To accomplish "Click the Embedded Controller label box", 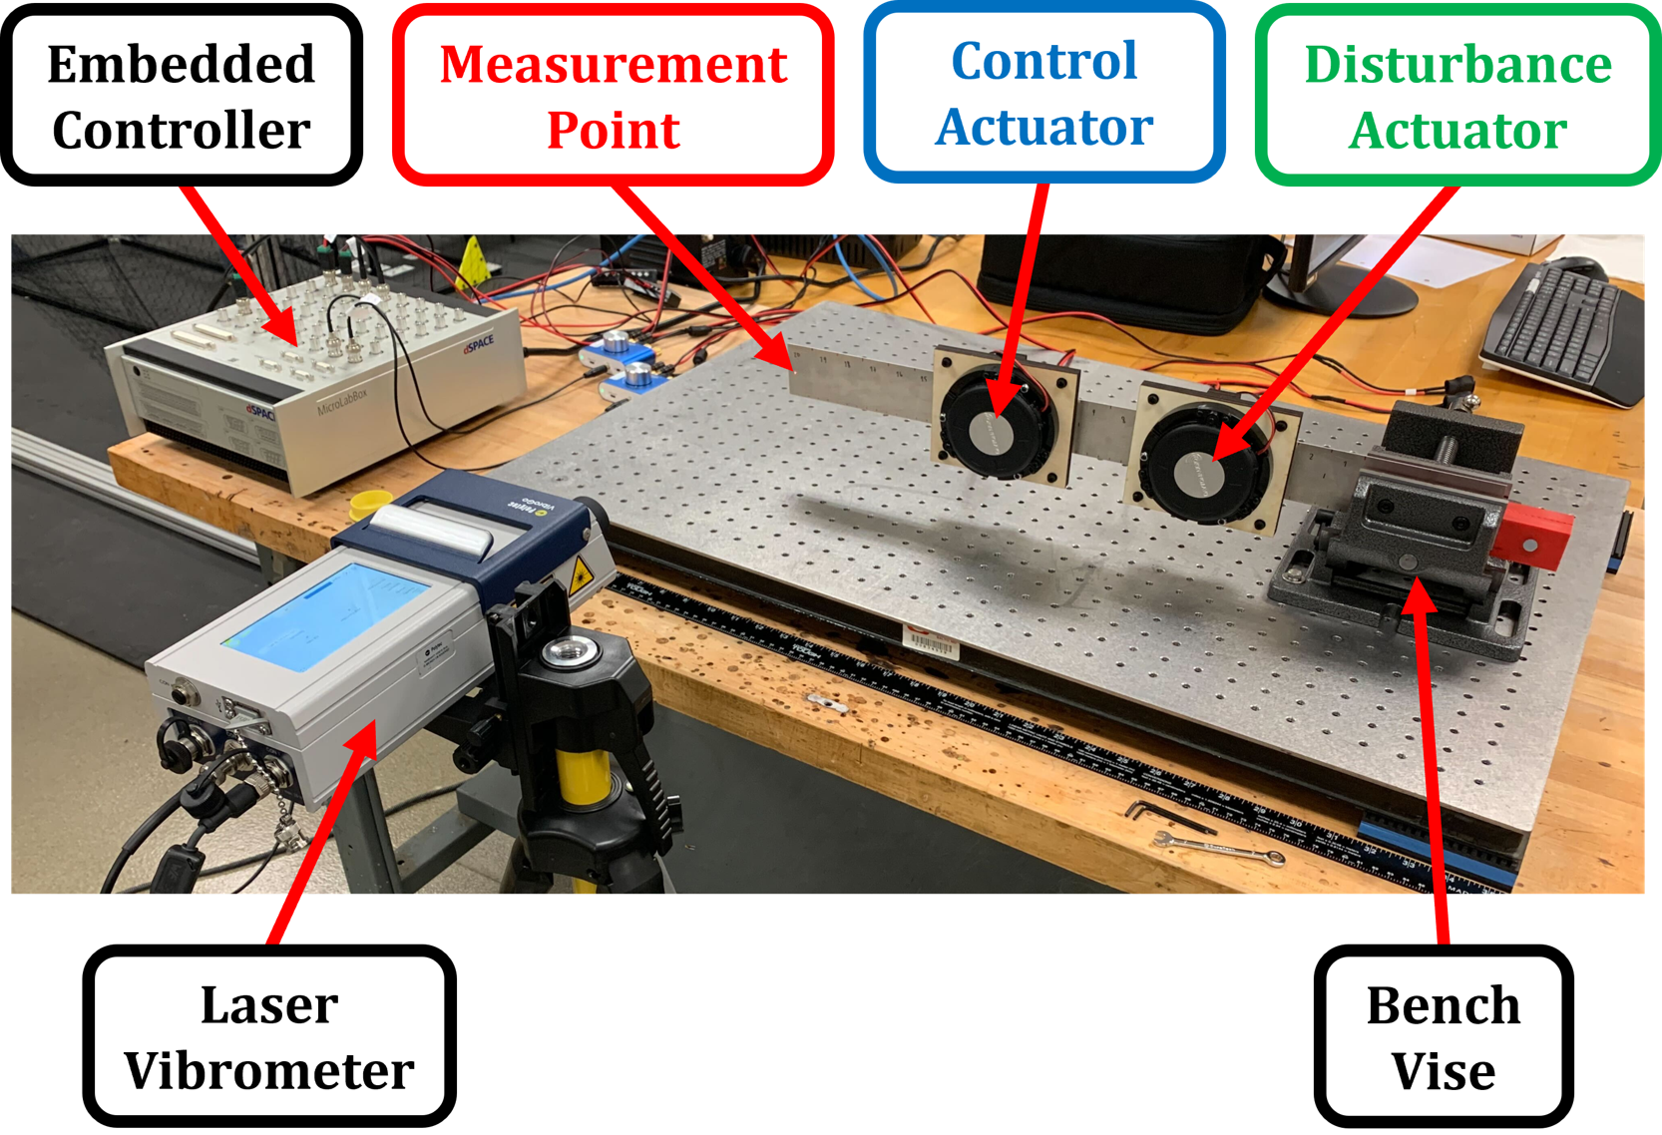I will tap(182, 96).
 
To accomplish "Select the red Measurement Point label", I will tap(614, 96).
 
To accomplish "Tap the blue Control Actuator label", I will tap(1044, 94).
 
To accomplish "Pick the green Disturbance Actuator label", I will tap(1457, 96).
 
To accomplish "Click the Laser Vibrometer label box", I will tap(269, 1036).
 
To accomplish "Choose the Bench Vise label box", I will tap(1443, 1036).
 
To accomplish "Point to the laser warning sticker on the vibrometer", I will tap(579, 575).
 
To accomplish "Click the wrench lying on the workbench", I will tap(1217, 847).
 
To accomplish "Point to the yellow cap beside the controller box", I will tap(370, 502).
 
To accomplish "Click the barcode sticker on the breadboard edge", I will tap(930, 640).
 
